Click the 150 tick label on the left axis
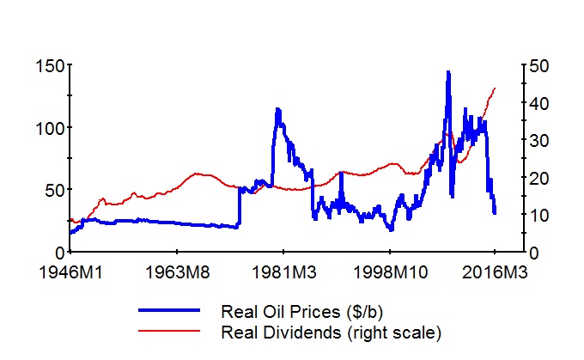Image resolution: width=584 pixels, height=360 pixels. coord(48,65)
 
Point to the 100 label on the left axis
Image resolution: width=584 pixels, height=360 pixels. coord(48,127)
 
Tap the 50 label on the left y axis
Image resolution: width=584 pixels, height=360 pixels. coord(52,190)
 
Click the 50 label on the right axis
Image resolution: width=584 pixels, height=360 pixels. coord(541,65)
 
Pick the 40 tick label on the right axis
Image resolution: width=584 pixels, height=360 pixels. coord(541,103)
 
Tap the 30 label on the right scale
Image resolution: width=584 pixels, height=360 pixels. coord(541,140)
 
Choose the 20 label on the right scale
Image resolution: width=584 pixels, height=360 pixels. coord(541,178)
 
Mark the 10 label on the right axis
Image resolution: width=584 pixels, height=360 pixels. coord(541,215)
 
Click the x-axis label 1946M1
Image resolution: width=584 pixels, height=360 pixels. coord(70,273)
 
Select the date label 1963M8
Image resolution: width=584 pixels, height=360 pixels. coord(177,273)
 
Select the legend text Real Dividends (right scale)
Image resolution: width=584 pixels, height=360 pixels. coord(331,331)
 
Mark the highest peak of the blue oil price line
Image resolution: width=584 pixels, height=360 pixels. coord(447,72)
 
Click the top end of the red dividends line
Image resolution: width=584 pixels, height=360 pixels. coord(495,88)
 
